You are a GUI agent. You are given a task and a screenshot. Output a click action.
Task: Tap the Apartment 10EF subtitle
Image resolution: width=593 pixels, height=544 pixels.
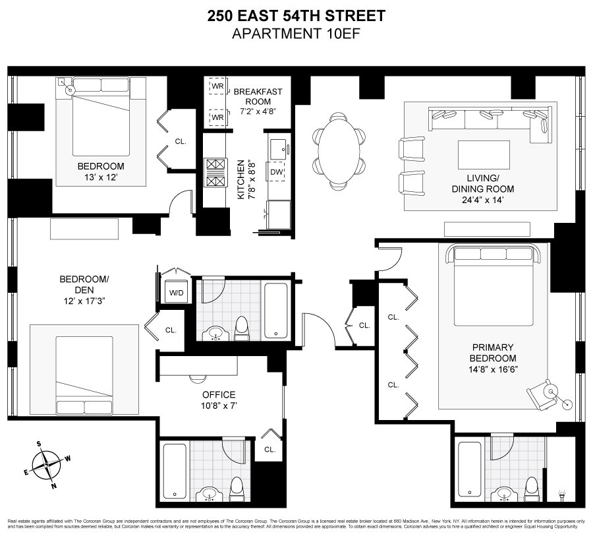[x=296, y=33]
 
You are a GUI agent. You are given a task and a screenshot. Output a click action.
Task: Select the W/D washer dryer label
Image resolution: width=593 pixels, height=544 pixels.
[x=177, y=292]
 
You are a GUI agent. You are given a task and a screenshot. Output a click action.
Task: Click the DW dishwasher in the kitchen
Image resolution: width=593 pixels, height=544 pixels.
[x=277, y=172]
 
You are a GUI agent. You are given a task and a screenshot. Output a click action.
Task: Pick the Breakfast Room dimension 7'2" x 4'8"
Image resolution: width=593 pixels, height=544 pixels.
[x=258, y=111]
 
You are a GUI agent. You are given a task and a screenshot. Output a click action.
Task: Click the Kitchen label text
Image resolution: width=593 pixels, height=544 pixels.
[x=241, y=179]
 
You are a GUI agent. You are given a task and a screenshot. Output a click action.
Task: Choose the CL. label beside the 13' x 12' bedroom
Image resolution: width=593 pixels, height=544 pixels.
[x=181, y=140]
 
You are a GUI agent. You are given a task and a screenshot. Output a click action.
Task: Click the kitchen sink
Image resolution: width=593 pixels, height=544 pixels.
[x=277, y=146]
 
